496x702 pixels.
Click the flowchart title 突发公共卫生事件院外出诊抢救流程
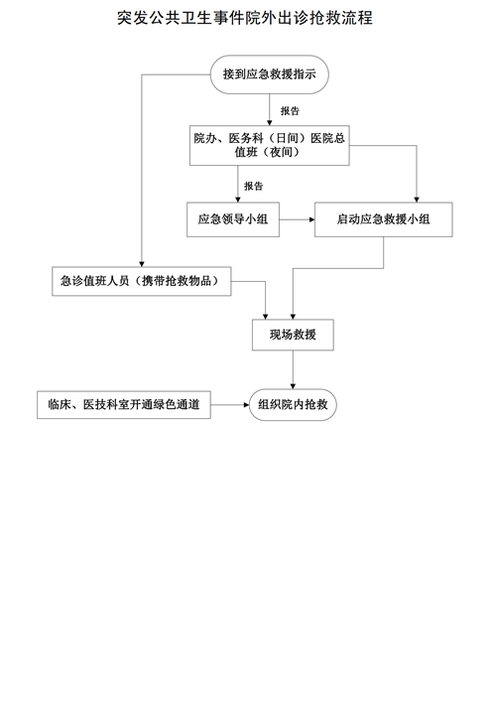click(245, 18)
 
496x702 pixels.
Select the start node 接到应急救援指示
click(269, 74)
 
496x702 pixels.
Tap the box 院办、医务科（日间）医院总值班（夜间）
click(269, 145)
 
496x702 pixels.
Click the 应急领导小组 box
click(233, 219)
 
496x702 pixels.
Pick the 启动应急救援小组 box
click(383, 219)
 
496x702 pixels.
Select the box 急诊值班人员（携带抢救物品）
click(141, 281)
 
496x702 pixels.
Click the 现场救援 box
click(293, 335)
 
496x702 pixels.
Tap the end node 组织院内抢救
click(293, 405)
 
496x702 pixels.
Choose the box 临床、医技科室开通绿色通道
click(124, 405)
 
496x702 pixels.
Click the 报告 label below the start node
click(290, 111)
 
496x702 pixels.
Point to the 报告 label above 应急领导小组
click(254, 186)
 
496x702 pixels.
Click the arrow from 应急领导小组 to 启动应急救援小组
click(297, 219)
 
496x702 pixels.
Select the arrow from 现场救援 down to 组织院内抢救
click(293, 369)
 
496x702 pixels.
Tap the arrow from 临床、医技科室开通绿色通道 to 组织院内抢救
click(230, 405)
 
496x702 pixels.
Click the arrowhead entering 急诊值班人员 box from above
click(142, 264)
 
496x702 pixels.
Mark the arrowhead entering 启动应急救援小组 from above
click(417, 200)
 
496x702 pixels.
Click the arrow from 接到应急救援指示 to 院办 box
click(269, 109)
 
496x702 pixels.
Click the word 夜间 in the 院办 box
click(282, 152)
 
